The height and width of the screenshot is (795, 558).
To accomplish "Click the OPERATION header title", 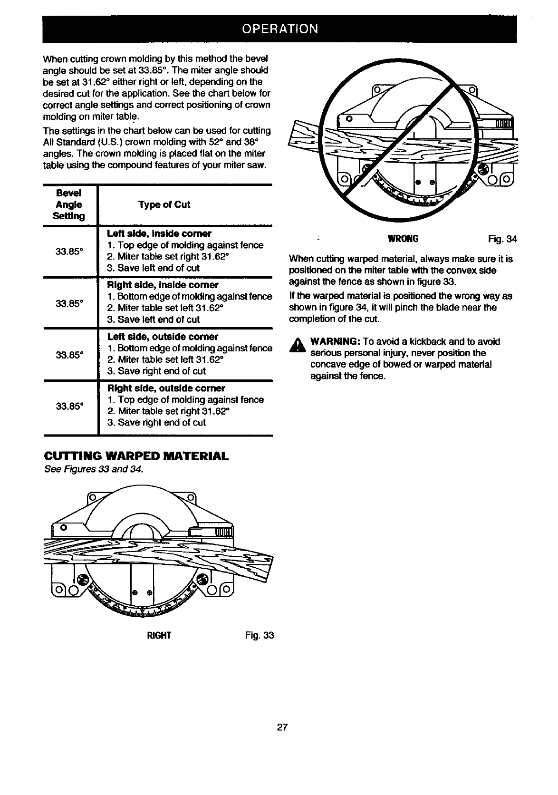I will pos(279,29).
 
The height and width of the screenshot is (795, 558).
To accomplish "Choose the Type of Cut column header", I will pos(164,205).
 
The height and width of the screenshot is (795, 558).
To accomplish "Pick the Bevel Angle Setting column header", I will pos(69,205).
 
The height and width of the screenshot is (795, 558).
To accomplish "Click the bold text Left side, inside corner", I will pos(159,234).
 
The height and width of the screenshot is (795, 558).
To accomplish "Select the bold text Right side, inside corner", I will pos(163,285).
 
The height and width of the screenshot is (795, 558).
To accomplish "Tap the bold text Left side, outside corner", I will pos(163,337).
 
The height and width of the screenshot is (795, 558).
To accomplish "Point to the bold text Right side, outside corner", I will pos(166,388).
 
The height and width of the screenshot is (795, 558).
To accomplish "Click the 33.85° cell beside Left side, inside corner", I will pos(69,252).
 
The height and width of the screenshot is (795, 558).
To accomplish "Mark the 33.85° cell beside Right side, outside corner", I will pos(69,406).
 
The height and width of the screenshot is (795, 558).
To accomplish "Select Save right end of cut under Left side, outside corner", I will pos(156,371).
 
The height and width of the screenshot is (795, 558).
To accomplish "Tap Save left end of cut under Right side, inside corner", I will pos(154,320).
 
